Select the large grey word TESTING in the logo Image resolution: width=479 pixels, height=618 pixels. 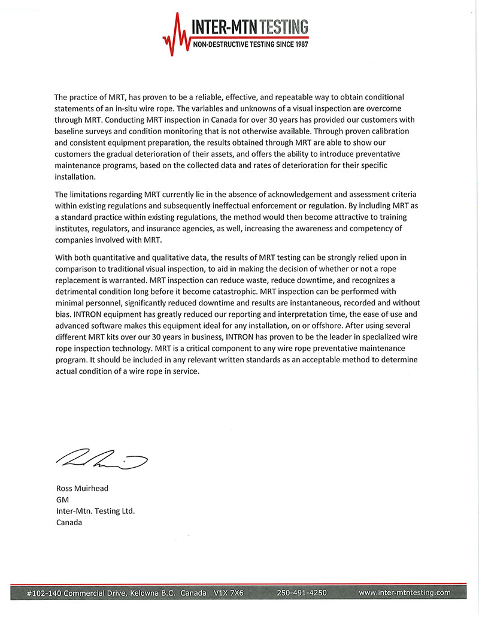point(284,27)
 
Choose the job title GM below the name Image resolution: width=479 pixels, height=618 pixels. point(61,500)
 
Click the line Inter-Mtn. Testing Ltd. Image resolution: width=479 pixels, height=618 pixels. point(95,511)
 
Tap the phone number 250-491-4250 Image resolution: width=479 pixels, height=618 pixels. point(302,593)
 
